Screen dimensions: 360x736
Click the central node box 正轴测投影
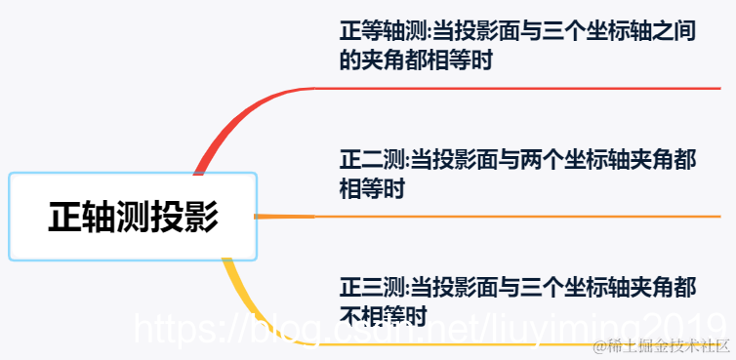(133, 217)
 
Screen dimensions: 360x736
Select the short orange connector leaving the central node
(284, 216)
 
